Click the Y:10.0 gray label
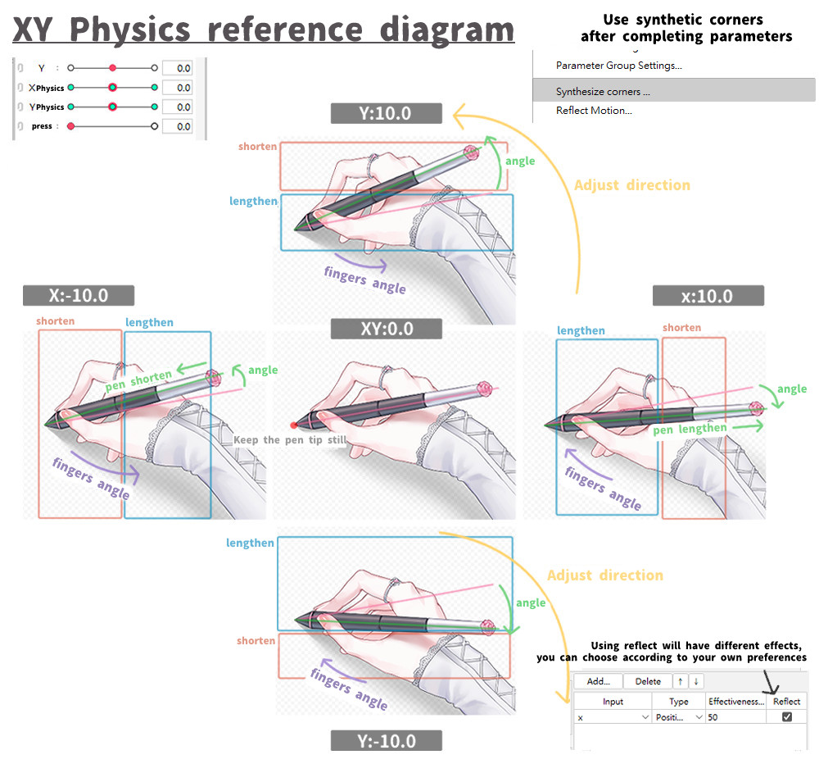pos(386,113)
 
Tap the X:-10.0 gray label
pos(79,295)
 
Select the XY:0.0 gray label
pos(386,329)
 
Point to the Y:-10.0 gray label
pos(386,741)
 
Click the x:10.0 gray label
pos(708,296)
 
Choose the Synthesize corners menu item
pos(603,92)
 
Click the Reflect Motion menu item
pos(594,111)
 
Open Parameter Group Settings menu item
pos(619,66)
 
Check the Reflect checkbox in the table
pos(786,717)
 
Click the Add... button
pos(598,681)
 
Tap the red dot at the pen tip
pos(293,425)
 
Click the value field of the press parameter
pos(178,126)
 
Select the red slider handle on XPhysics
pos(112,87)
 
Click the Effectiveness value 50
pos(713,717)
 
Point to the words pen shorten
pos(138,380)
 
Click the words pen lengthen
pos(690,430)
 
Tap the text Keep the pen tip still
pos(290,439)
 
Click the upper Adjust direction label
pos(632,185)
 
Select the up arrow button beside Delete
pos(680,681)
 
